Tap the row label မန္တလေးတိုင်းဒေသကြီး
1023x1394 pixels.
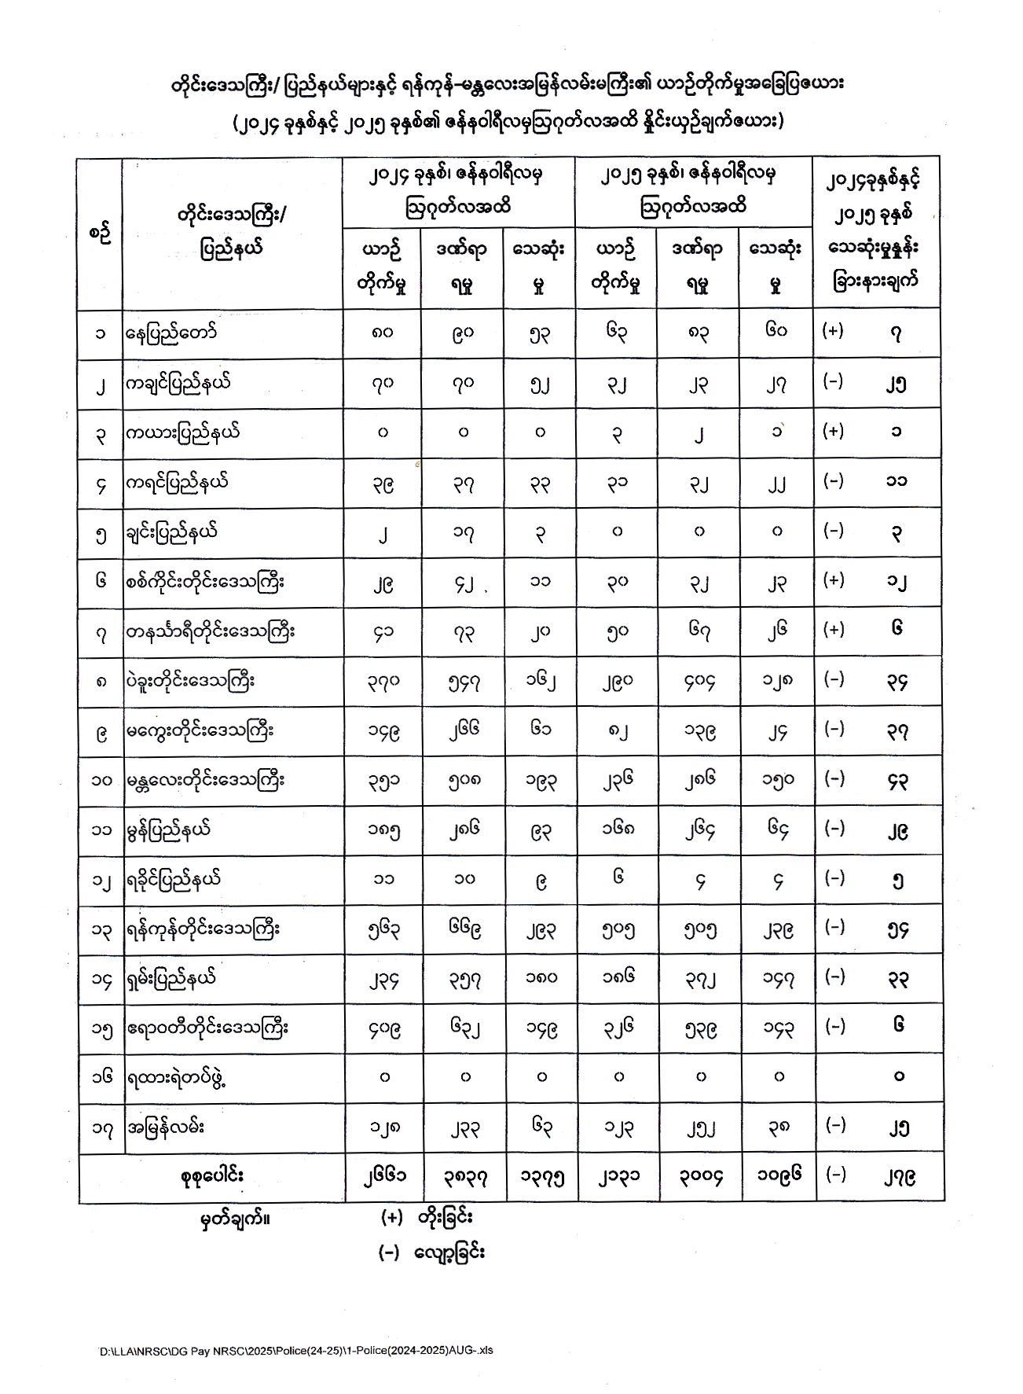point(206,781)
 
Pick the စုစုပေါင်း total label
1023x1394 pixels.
point(211,1175)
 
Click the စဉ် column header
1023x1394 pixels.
point(100,234)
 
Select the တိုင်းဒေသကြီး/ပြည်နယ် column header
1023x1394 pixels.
point(231,232)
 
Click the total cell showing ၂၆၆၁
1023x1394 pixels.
point(383,1177)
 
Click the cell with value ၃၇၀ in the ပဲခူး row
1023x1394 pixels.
point(383,681)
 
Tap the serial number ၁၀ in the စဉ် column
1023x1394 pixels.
point(101,781)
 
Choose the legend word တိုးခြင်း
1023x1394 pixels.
point(445,1218)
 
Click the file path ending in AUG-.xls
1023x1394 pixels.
point(296,1351)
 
